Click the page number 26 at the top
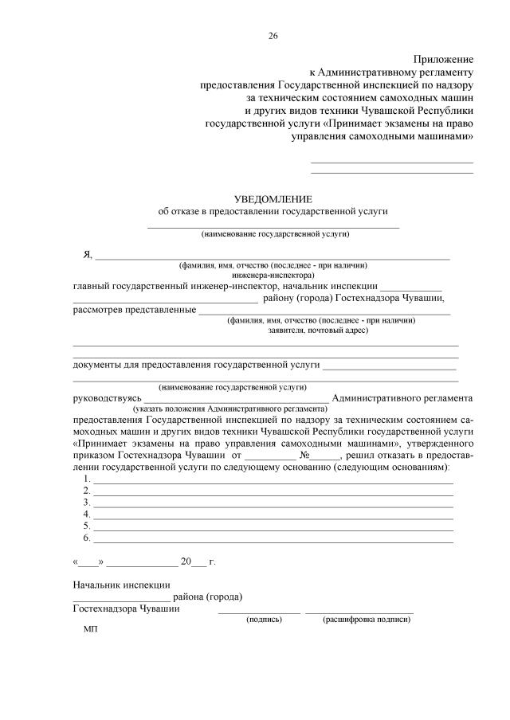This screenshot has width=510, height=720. pos(273,36)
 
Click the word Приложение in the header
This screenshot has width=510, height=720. pos(443,60)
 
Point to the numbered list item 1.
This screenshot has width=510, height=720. pos(86,479)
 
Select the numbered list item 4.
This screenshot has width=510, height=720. pos(86,515)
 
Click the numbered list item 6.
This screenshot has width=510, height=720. pos(86,538)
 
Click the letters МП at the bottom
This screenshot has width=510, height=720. pos(90,629)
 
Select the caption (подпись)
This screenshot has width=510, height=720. pos(265,619)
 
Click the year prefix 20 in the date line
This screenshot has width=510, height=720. pos(186,561)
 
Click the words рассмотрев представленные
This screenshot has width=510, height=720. pos(135,310)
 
